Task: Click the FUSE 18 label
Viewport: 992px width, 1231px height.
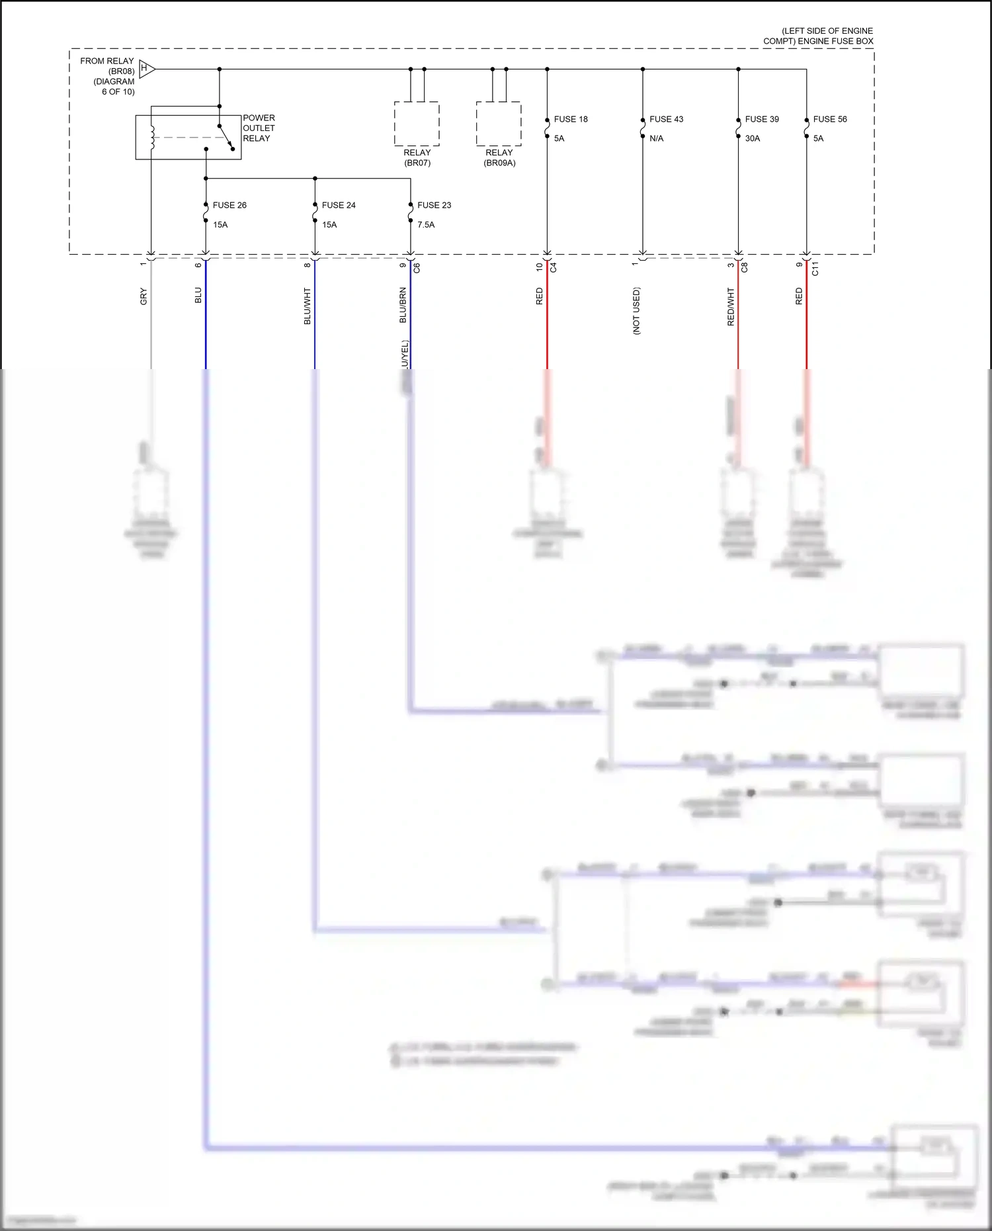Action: pyautogui.click(x=570, y=119)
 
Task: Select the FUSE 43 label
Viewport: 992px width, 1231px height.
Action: pyautogui.click(x=666, y=119)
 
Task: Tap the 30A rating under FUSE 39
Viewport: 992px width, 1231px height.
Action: pyautogui.click(x=753, y=138)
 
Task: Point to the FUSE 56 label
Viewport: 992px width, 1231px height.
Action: pyautogui.click(x=829, y=119)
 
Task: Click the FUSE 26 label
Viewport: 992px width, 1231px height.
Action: pyautogui.click(x=229, y=205)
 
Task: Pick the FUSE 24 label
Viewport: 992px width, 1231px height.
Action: pyautogui.click(x=339, y=205)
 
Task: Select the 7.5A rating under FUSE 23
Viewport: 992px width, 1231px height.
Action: pyautogui.click(x=426, y=225)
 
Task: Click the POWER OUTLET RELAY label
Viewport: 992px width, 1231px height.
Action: pyautogui.click(x=259, y=128)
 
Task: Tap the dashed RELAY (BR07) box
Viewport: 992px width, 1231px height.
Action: pyautogui.click(x=417, y=124)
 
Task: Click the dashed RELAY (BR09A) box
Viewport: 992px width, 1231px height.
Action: pyautogui.click(x=499, y=124)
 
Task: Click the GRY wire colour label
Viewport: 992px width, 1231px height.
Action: pyautogui.click(x=144, y=297)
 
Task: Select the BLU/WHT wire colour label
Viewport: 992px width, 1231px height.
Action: pyautogui.click(x=307, y=306)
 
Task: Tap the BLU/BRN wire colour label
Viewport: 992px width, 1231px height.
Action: pyautogui.click(x=403, y=305)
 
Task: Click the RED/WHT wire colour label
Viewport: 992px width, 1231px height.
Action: pyautogui.click(x=731, y=306)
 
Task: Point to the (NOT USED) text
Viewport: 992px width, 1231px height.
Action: pyautogui.click(x=636, y=310)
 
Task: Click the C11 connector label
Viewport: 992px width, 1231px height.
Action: pyautogui.click(x=815, y=269)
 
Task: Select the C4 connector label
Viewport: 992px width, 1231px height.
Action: pyautogui.click(x=554, y=268)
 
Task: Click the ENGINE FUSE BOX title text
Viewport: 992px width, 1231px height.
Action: pyautogui.click(x=818, y=36)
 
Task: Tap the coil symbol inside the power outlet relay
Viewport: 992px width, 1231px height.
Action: pyautogui.click(x=152, y=137)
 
